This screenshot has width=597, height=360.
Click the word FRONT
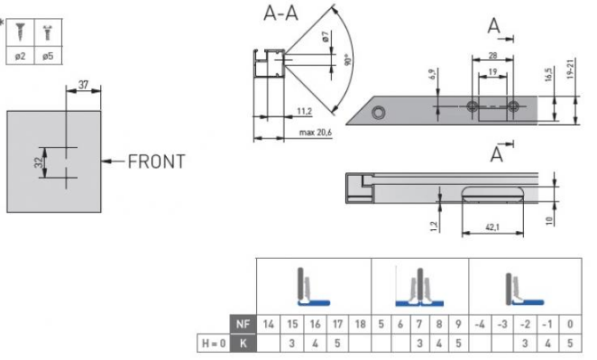click(157, 162)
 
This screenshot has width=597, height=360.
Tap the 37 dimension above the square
click(83, 85)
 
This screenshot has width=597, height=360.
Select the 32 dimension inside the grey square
click(39, 162)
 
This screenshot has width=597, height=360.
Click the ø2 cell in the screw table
click(20, 56)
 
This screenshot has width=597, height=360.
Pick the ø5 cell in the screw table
click(48, 56)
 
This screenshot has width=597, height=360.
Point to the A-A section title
click(280, 14)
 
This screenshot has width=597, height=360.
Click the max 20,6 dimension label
click(316, 133)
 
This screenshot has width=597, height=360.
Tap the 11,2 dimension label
click(304, 111)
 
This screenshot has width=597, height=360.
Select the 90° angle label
click(347, 60)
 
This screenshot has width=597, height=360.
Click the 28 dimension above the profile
click(492, 56)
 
